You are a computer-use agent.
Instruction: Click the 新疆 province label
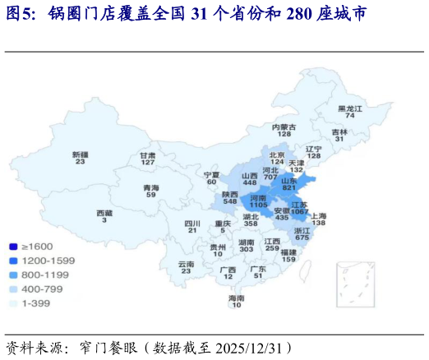[x=80, y=155]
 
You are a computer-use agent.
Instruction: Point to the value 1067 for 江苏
[x=299, y=211]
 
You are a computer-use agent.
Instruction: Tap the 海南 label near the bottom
[x=237, y=298]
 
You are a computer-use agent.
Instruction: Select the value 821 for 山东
[x=289, y=188]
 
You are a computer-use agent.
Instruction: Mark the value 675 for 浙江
[x=302, y=238]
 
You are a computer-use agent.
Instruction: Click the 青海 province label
[x=151, y=187]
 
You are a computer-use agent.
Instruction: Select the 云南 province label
[x=187, y=264]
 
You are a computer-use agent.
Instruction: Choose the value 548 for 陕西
[x=230, y=201]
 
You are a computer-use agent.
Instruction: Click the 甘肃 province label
[x=148, y=155]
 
